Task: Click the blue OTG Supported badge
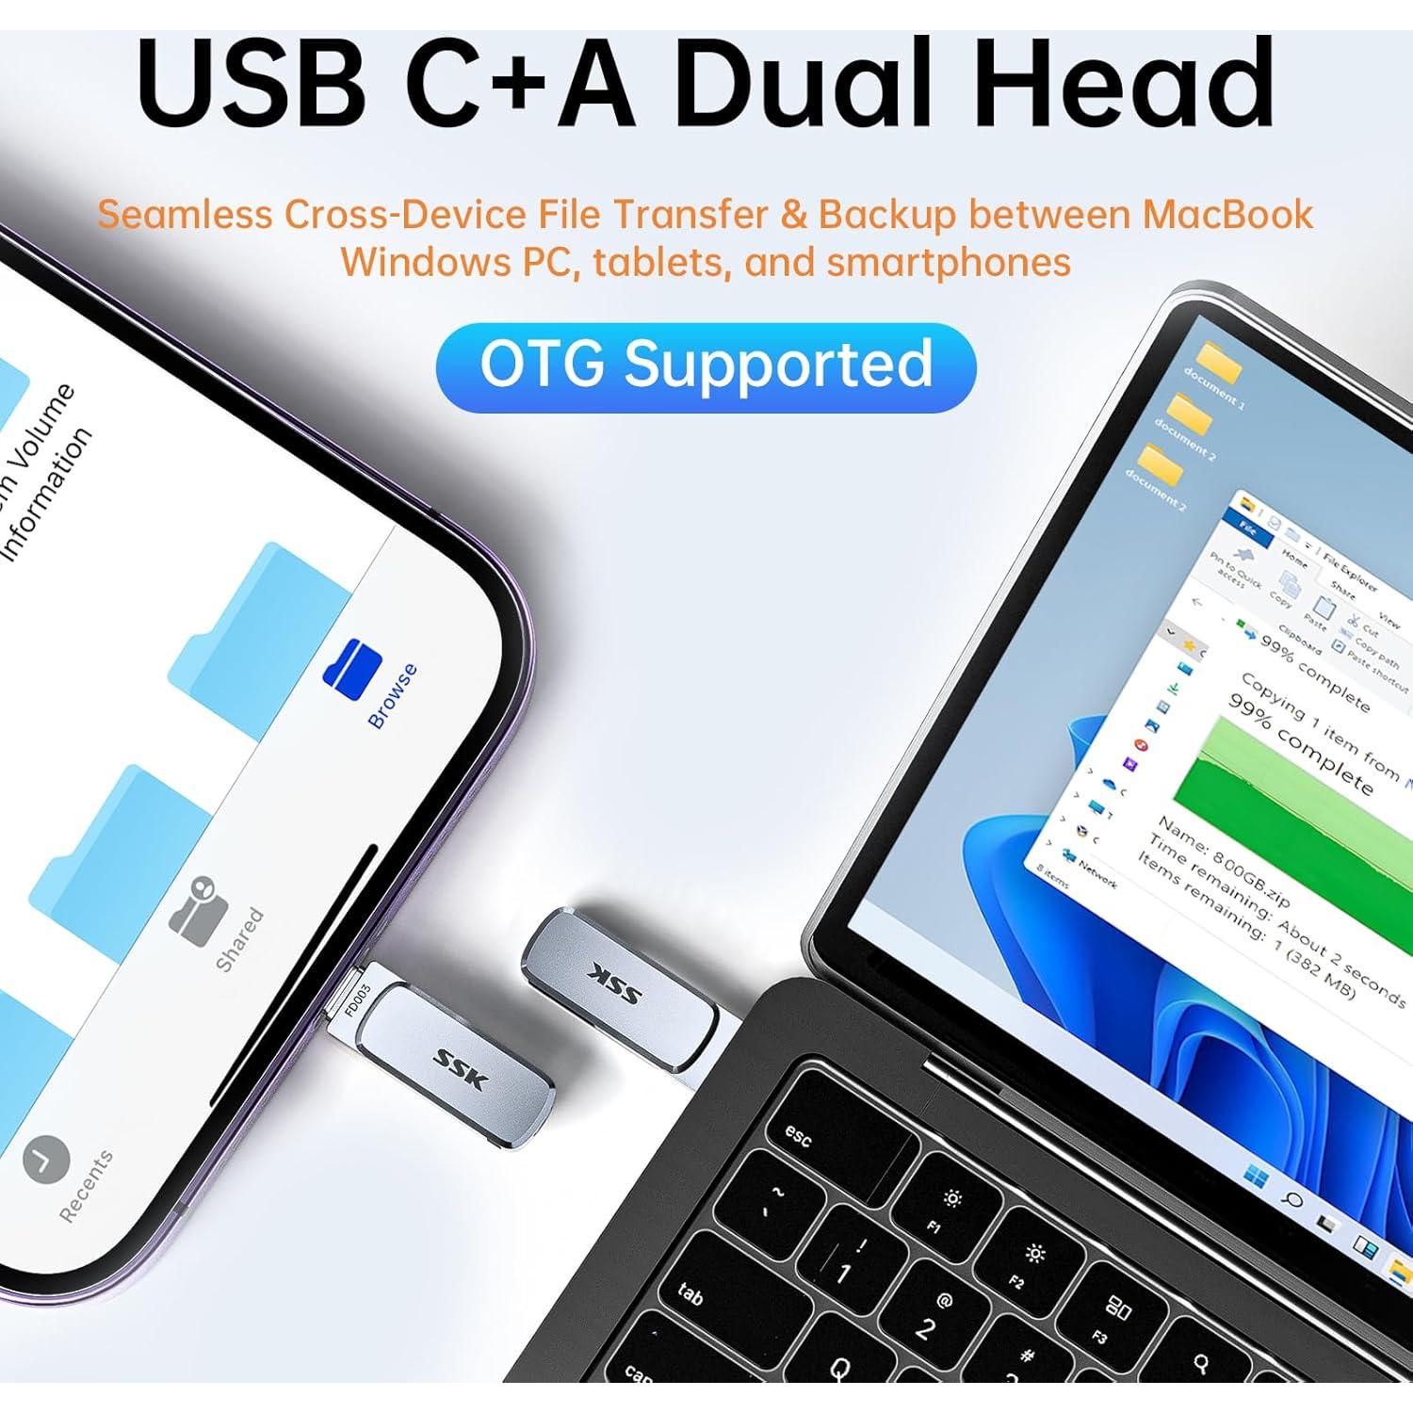(706, 366)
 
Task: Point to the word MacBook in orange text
(1227, 215)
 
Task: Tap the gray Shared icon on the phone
(201, 907)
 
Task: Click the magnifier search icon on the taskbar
(1292, 1200)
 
